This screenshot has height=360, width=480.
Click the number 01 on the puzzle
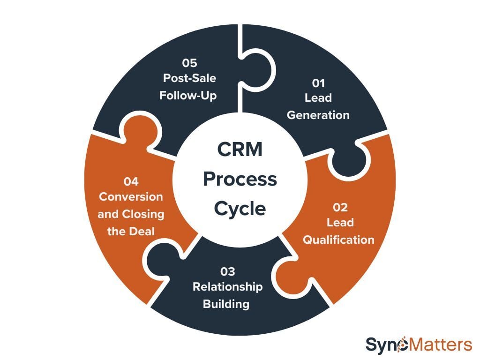[318, 83]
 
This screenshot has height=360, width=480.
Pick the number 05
[189, 62]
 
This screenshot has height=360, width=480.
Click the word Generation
[318, 115]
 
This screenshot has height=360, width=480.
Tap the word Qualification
[338, 240]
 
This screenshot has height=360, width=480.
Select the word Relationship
[228, 287]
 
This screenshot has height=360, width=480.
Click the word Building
[226, 304]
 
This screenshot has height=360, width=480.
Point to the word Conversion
[131, 197]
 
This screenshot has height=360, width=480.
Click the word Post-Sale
[189, 78]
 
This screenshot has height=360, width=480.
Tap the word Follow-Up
[188, 95]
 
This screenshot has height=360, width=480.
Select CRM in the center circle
[240, 150]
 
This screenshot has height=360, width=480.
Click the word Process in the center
[240, 179]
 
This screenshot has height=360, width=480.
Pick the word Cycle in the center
[240, 208]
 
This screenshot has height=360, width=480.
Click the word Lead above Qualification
[340, 223]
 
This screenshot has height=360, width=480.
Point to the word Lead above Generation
[318, 98]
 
